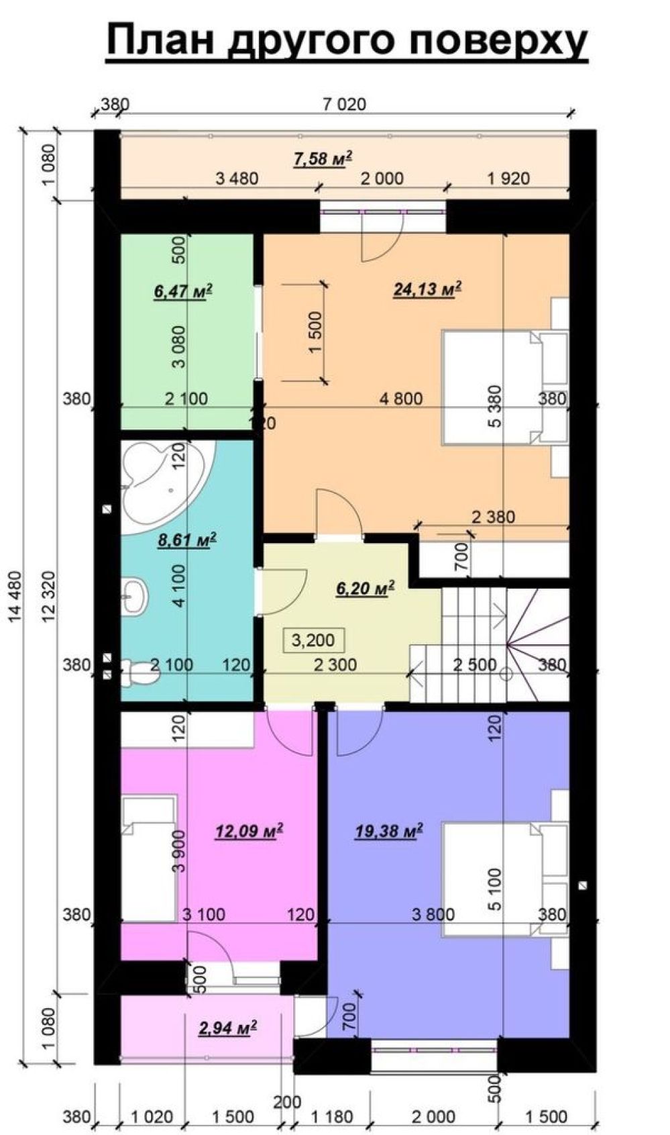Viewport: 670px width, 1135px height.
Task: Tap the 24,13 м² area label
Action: point(427,289)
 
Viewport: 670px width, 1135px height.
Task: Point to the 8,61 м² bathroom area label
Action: point(187,540)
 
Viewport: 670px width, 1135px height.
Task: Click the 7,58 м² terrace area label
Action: point(323,158)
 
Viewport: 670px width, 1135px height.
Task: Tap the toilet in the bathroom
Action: point(137,673)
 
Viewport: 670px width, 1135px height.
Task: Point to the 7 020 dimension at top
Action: point(344,105)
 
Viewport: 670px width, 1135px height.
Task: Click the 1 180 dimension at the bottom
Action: point(332,1116)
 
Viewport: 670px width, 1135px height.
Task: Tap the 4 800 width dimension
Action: point(401,399)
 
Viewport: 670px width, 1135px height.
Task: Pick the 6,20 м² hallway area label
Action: point(366,588)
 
